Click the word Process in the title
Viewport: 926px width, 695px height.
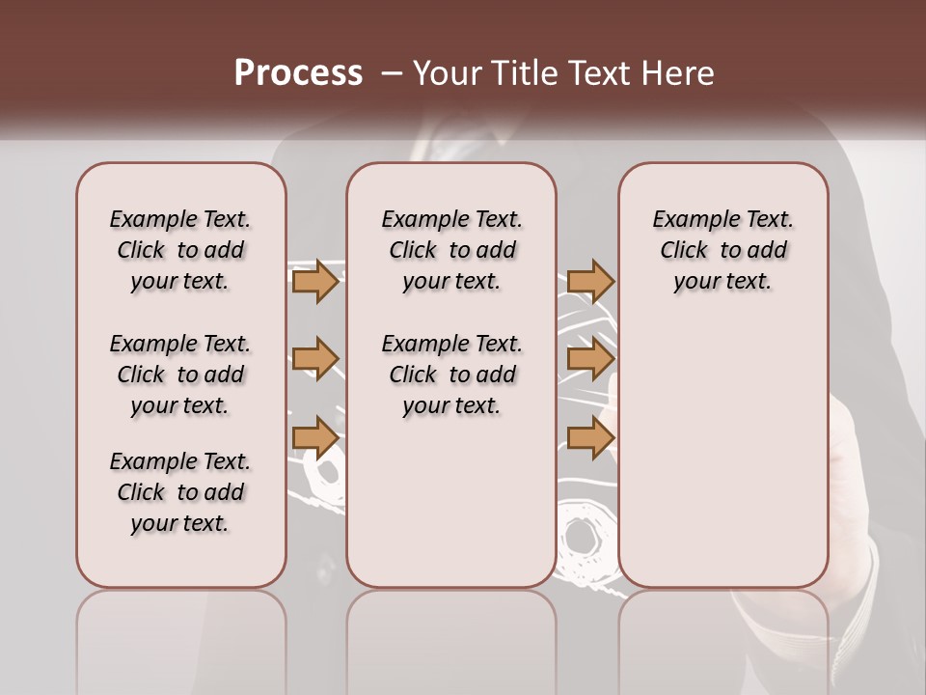[x=298, y=73]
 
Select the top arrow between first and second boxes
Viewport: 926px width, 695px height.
[x=314, y=281]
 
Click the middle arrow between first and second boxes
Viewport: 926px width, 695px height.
[x=314, y=359]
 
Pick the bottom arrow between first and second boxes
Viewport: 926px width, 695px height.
[x=314, y=437]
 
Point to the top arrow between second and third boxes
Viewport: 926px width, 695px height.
[x=590, y=281]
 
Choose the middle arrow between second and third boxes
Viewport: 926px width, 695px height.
[x=590, y=359]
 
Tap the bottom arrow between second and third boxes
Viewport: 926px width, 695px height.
[x=590, y=437]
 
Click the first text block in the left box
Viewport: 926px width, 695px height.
[x=180, y=250]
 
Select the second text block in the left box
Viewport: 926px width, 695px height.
[x=180, y=375]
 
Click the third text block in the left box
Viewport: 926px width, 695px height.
[x=180, y=492]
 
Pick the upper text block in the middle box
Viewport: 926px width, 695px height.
[x=451, y=250]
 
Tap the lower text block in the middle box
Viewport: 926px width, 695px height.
[x=451, y=375]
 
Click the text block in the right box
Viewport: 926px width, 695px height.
[x=723, y=250]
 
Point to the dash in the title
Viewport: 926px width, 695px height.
[x=392, y=74]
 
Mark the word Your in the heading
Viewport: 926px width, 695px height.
[x=447, y=73]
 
